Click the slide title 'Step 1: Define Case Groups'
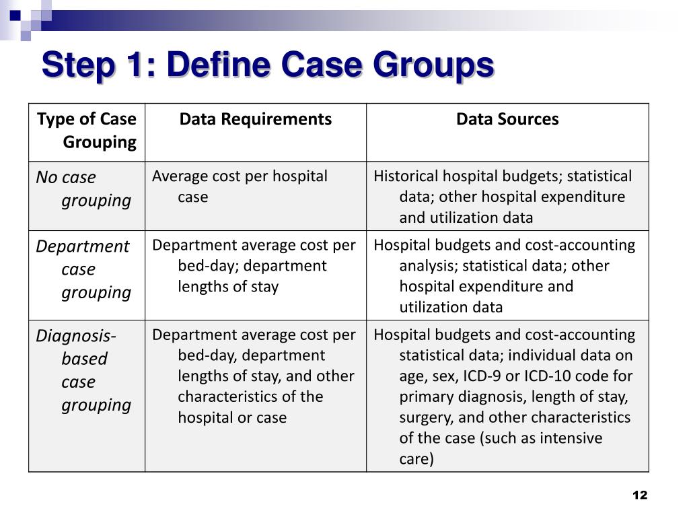click(267, 67)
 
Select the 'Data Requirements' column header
click(255, 119)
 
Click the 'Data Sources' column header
click(507, 119)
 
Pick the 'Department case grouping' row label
click(83, 269)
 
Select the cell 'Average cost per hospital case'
click(239, 186)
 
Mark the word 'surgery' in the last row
click(423, 417)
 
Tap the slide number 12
click(639, 495)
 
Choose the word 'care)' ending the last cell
click(416, 459)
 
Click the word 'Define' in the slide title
click(218, 67)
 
